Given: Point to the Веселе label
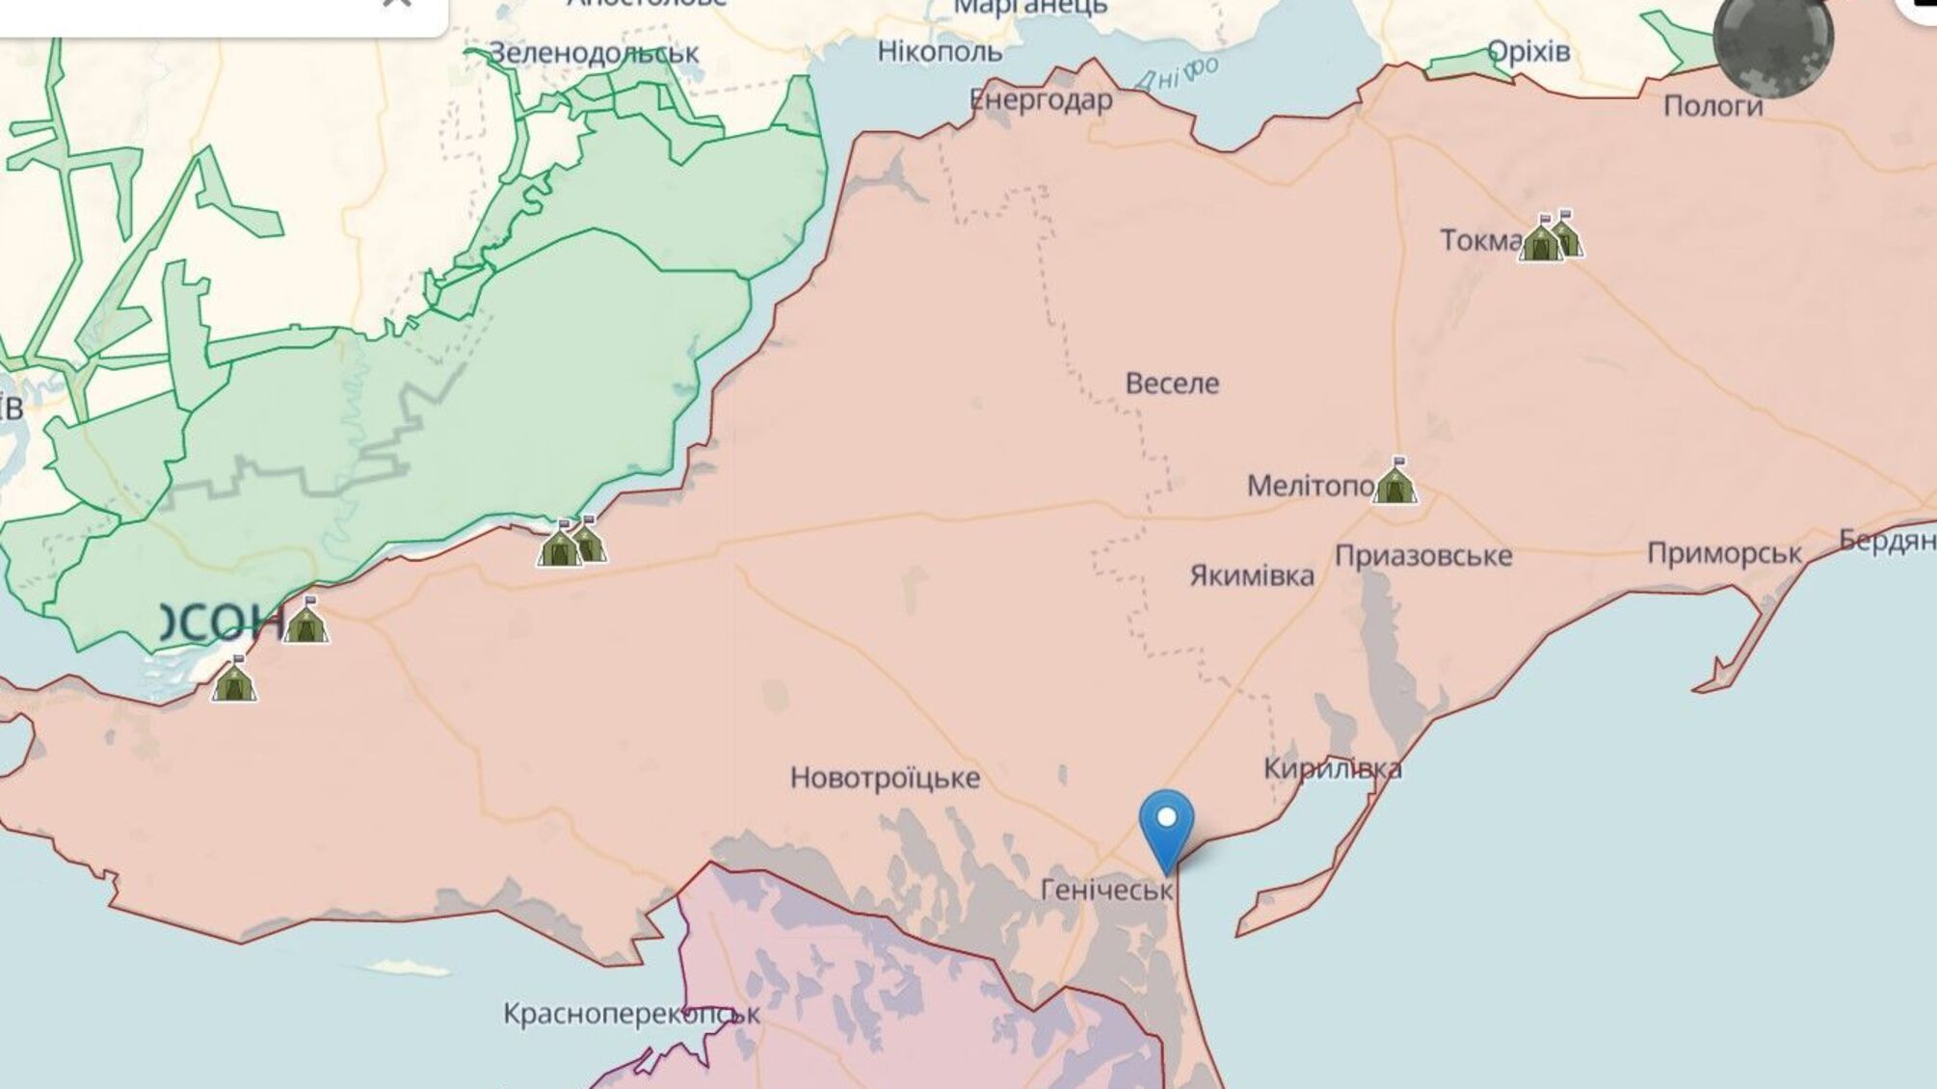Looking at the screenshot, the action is [x=1172, y=384].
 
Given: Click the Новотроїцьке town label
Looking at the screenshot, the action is [x=885, y=778].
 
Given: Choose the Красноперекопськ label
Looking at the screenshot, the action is [x=631, y=1014].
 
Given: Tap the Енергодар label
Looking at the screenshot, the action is [x=1041, y=100].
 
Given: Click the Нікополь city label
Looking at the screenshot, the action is [x=940, y=51].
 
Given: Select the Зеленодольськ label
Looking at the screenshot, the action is [x=594, y=52].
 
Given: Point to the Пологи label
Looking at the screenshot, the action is [x=1712, y=106].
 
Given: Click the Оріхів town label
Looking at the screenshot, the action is [x=1528, y=51].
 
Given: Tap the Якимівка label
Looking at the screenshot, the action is [x=1251, y=576].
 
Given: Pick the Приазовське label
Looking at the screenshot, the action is [x=1422, y=556].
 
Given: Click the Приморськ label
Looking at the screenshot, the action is [x=1724, y=553].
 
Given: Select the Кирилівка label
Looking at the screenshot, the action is [x=1332, y=769].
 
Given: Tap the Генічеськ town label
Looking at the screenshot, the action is [x=1106, y=890].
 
